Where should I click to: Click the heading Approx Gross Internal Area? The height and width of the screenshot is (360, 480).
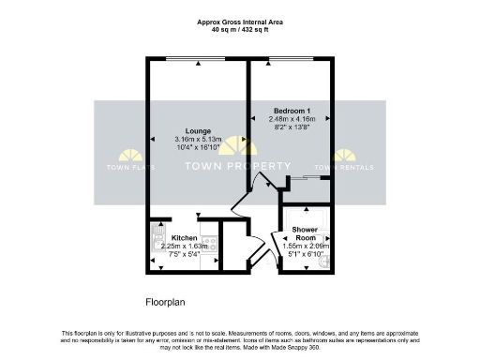(241, 21)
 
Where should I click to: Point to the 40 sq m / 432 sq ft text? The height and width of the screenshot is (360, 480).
(241, 29)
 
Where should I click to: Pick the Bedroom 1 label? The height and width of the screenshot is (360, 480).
(291, 111)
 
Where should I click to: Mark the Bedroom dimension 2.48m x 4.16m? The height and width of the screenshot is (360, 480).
(292, 119)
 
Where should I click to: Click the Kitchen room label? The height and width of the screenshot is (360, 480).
(184, 238)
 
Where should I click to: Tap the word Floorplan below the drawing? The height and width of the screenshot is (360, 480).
(169, 303)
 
